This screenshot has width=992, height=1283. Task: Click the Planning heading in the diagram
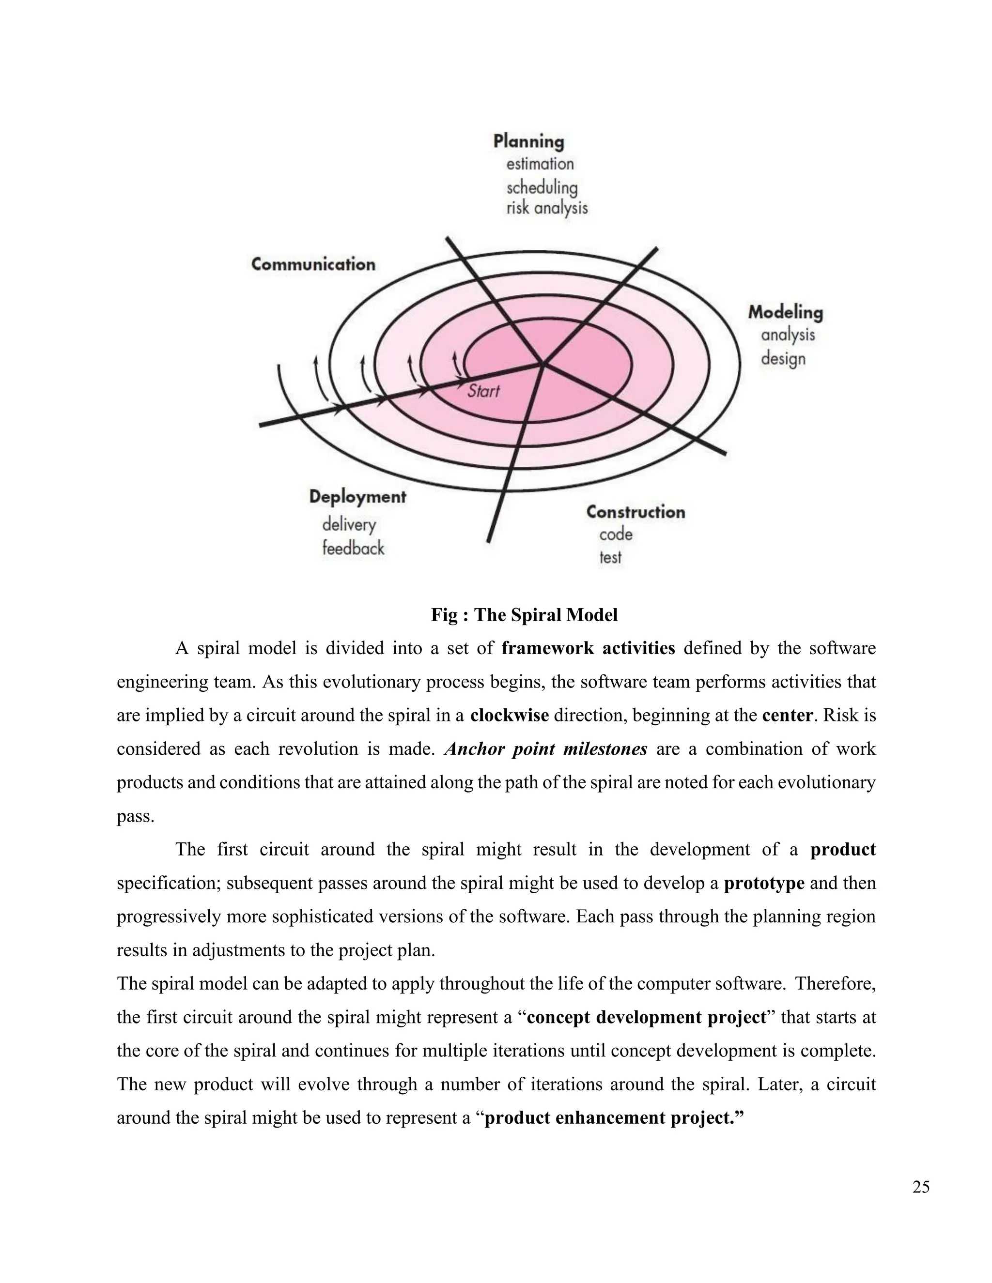pos(528,141)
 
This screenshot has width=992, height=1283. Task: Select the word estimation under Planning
pos(540,164)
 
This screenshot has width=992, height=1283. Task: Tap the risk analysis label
pos(546,208)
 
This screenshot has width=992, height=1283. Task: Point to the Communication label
pos(313,264)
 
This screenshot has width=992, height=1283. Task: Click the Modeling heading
pos(785,313)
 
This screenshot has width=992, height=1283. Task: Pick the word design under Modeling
pos(783,358)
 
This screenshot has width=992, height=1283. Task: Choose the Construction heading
pos(635,512)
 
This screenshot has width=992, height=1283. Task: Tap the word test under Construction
pos(610,557)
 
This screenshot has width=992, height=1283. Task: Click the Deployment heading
pos(357,497)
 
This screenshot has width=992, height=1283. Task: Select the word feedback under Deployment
pos(353,549)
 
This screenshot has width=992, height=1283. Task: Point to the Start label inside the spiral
pos(483,391)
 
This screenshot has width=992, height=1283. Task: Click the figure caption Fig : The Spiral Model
pos(524,615)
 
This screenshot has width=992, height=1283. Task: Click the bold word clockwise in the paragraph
pos(510,716)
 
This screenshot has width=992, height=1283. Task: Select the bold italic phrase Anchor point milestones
pos(546,749)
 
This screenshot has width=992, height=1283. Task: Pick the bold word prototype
pos(764,883)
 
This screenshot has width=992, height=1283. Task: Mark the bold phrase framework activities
pos(588,649)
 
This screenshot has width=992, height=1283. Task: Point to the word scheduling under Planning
pos(542,187)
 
